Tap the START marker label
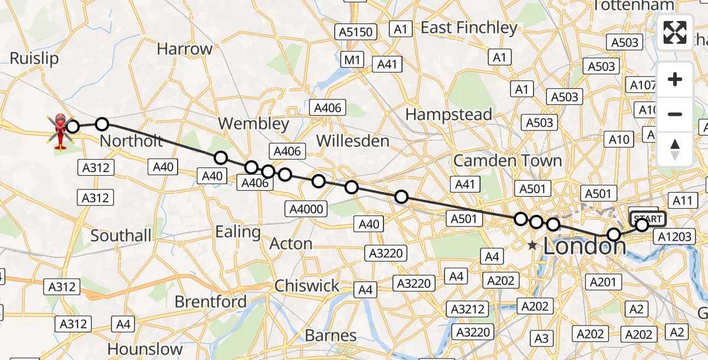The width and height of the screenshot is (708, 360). tap(647, 218)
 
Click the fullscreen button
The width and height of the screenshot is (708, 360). tap(675, 32)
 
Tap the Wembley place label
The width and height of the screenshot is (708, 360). tap(253, 124)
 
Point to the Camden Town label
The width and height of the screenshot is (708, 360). tap(508, 161)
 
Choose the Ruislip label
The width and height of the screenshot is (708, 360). tap(34, 58)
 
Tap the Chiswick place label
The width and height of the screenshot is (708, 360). tap(307, 286)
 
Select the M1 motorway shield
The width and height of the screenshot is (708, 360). tap(352, 59)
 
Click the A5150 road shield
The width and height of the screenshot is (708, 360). tap(356, 32)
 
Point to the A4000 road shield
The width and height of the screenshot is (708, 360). tap(307, 209)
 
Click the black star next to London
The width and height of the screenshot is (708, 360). tap(532, 245)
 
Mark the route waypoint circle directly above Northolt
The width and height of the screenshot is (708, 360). tap(102, 124)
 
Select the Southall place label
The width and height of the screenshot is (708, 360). tap(121, 236)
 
